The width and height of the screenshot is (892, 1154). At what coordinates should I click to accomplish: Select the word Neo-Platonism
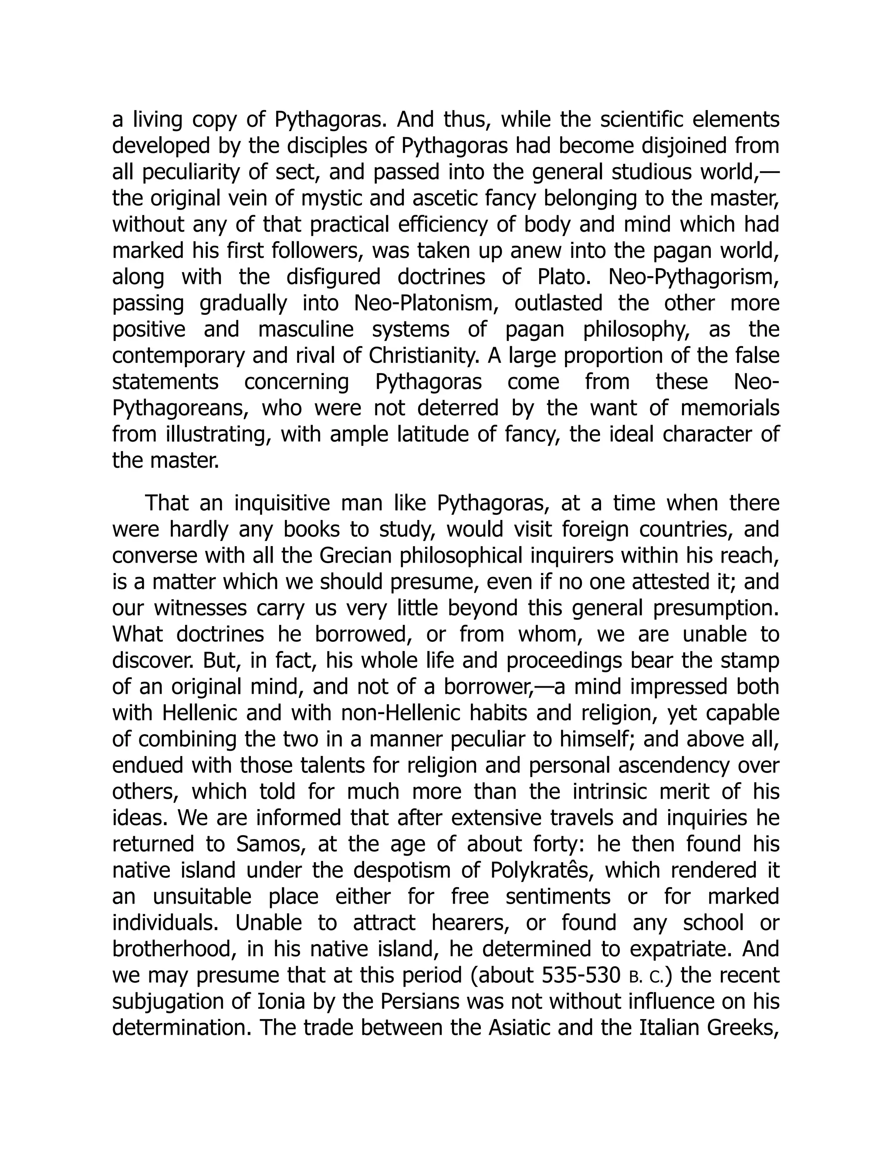click(x=422, y=303)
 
